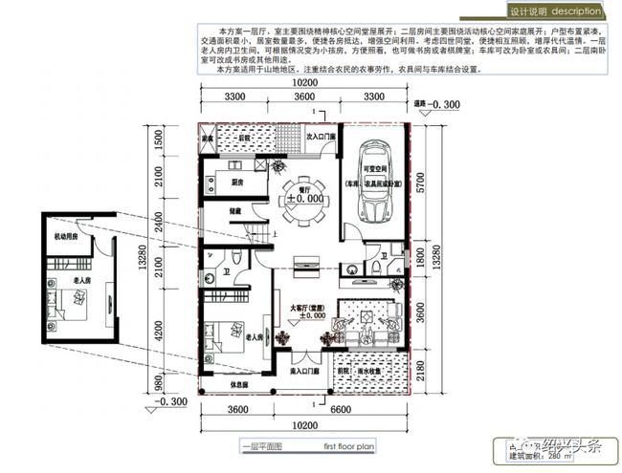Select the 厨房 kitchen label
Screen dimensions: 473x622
(237, 181)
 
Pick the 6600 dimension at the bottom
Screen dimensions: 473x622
(339, 413)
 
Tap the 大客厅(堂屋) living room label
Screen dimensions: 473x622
(305, 308)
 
